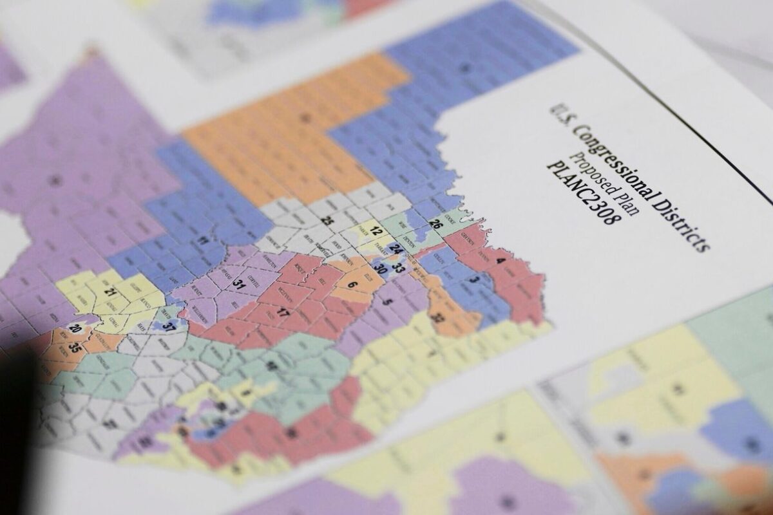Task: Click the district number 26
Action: (435, 225)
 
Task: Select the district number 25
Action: (327, 220)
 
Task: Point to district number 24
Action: (396, 248)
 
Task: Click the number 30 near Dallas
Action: (380, 270)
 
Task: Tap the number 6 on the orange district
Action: (352, 283)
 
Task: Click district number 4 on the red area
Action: (501, 260)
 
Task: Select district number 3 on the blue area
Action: (475, 279)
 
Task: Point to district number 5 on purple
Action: (386, 302)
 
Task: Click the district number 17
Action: (282, 313)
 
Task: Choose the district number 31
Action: (240, 283)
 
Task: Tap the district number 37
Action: (169, 327)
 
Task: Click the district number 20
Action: (75, 329)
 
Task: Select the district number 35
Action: (75, 348)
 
